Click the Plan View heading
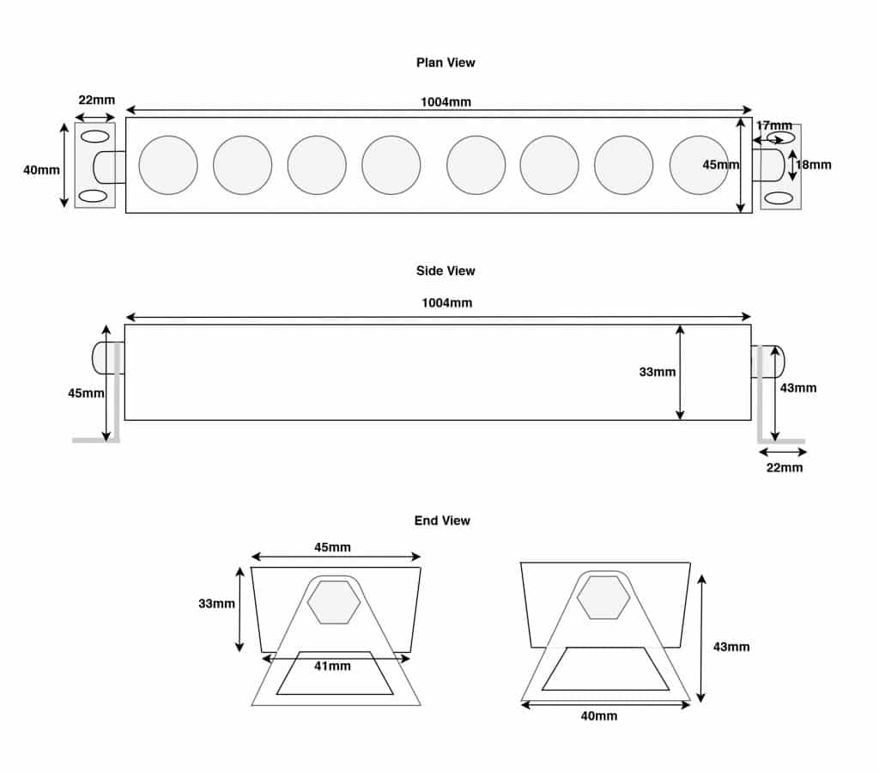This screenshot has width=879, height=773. coord(446,63)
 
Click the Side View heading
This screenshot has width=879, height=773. coord(446,271)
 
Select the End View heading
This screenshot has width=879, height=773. coord(442,520)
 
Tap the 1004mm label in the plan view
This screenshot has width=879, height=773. coord(446,102)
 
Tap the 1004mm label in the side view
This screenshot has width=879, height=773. coord(446,303)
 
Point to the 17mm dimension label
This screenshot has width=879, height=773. coord(774,125)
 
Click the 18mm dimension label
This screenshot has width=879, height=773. coord(814,165)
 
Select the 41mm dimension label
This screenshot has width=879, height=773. coord(333,666)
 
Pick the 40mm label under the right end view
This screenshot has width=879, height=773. coord(599,715)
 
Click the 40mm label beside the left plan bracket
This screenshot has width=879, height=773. coord(41,170)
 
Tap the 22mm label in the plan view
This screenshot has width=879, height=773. coord(96,100)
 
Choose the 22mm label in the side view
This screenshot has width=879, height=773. coord(784,468)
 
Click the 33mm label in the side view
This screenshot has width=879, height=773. coord(658,372)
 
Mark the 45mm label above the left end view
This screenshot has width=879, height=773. coord(333,547)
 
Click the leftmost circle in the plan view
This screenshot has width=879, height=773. coord(168,165)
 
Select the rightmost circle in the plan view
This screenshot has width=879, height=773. coord(699,165)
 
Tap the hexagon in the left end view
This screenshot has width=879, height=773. coord(334,602)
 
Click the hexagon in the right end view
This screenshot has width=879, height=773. coord(603,598)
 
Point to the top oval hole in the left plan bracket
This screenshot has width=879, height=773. coord(94,137)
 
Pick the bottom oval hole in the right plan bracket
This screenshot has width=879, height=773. coord(779,198)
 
